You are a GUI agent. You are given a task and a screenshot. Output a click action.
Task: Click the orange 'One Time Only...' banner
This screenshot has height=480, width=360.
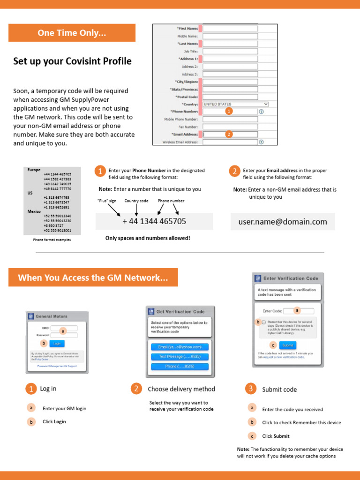[72, 33]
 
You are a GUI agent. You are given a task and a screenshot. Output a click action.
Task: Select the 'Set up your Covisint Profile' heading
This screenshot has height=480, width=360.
[72, 61]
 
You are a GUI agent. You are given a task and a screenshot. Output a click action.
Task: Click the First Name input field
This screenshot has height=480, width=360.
[230, 29]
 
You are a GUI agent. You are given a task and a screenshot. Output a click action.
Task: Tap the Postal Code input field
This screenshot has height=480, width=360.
[230, 97]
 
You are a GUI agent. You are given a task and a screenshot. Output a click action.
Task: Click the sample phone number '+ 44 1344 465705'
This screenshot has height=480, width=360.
[154, 221]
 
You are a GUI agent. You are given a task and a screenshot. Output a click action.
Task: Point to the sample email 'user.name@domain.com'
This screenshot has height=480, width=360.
[283, 222]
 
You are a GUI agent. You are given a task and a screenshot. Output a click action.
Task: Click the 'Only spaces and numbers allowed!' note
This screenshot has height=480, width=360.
[148, 238]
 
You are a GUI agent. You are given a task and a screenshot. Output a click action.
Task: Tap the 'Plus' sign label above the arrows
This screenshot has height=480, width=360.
[107, 201]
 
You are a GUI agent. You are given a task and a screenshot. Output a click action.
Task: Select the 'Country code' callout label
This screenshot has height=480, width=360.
[136, 201]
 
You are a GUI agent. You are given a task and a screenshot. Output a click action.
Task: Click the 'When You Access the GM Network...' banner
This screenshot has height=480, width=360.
[93, 277]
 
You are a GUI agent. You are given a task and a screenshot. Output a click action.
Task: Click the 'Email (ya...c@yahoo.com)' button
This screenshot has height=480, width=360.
[180, 347]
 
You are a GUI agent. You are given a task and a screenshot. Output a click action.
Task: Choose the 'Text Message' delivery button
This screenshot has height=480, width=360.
[180, 357]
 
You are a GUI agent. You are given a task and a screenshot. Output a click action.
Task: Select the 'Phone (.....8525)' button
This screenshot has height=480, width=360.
[180, 367]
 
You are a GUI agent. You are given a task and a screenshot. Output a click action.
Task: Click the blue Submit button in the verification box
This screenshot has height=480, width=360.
[288, 345]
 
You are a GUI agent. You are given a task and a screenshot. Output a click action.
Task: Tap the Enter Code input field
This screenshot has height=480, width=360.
[298, 311]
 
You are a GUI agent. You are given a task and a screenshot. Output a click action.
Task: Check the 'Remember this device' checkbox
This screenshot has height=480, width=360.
[264, 322]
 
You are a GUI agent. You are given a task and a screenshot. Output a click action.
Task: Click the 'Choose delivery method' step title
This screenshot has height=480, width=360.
[181, 389]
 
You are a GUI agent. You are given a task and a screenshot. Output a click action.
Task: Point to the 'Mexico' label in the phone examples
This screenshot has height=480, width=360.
[34, 211]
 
